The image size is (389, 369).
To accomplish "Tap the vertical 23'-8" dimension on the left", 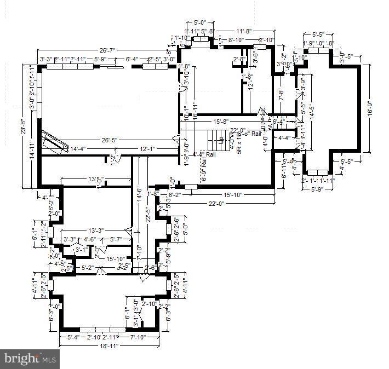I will pyautogui.click(x=23, y=126).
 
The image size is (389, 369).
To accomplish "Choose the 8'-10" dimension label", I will pyautogui.click(x=237, y=40).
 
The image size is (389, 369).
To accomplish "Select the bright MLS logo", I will pyautogui.click(x=30, y=360).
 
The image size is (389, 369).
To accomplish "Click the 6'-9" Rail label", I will pyautogui.click(x=204, y=170).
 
